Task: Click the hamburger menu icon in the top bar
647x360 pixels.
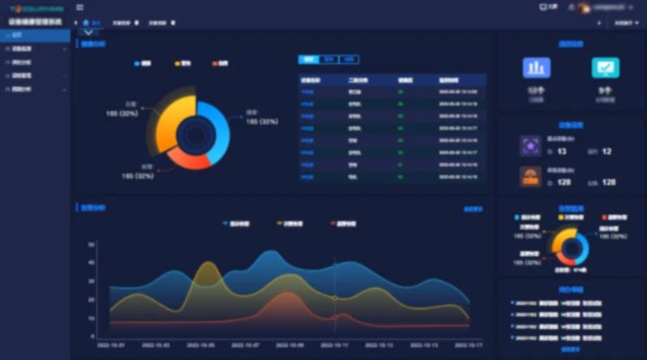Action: point(79,7)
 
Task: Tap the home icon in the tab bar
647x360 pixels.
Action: point(86,23)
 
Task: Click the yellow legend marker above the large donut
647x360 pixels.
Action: point(177,62)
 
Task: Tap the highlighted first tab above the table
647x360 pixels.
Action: point(309,59)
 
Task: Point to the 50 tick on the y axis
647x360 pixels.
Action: point(92,244)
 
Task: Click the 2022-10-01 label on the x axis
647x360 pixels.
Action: point(110,345)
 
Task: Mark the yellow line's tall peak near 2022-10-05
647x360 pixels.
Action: point(208,263)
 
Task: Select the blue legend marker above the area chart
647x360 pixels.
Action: point(225,223)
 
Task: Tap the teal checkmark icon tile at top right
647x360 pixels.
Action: point(605,67)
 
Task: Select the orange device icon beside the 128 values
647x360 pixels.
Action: point(531,176)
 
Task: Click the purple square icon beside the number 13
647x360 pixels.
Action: point(531,145)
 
